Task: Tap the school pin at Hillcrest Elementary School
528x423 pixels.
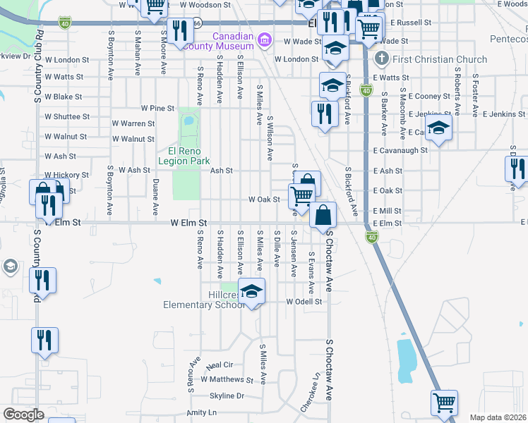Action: click(252, 290)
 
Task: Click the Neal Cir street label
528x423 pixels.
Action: click(219, 365)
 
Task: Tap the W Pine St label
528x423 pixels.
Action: click(157, 109)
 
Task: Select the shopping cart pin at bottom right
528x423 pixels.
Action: click(444, 403)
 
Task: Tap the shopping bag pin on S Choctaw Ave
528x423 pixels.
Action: click(323, 215)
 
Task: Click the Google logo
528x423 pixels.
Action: click(23, 415)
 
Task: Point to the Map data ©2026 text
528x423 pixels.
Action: click(498, 417)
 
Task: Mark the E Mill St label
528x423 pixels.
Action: click(387, 211)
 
